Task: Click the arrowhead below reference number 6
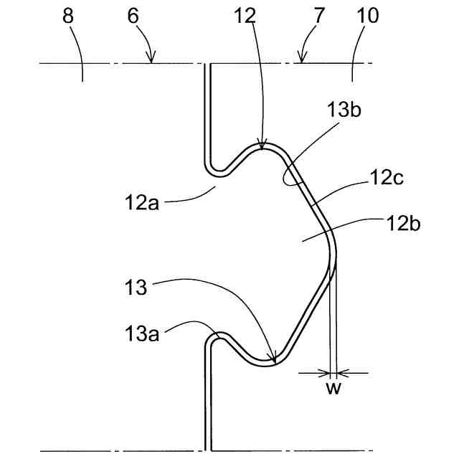coord(151,60)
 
